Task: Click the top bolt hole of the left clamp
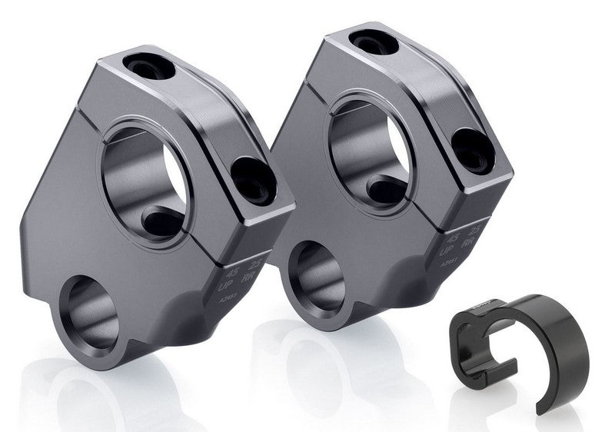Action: pyautogui.click(x=147, y=70)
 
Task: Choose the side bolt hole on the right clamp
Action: pyautogui.click(x=471, y=151)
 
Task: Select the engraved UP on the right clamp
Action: pyautogui.click(x=445, y=251)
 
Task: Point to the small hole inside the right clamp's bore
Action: pyautogui.click(x=385, y=189)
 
